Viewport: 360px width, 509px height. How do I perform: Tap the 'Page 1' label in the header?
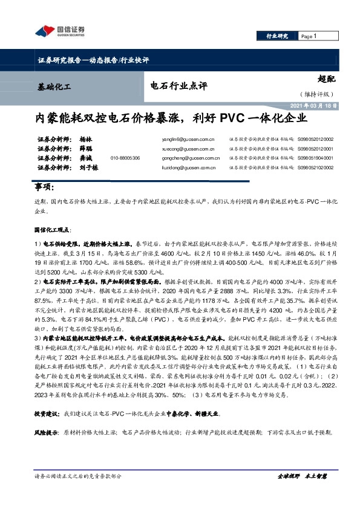point(309,37)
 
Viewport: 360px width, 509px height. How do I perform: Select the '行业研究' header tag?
point(278,37)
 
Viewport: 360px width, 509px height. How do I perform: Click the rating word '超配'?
point(326,77)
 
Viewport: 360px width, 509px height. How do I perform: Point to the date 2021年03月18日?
point(313,105)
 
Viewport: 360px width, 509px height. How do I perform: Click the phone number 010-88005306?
point(125,158)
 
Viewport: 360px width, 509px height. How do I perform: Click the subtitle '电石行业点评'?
point(175,85)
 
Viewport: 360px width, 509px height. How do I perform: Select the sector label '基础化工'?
point(54,86)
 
